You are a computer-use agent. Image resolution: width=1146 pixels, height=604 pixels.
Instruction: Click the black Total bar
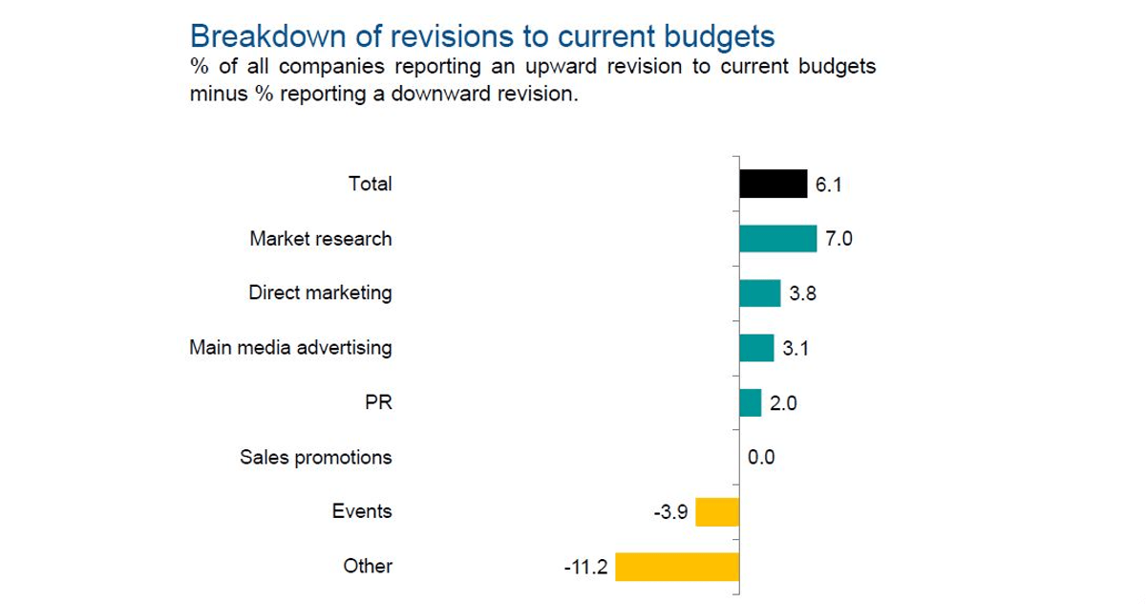[x=774, y=183]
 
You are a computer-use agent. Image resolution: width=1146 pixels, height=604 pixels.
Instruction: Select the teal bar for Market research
[x=777, y=238]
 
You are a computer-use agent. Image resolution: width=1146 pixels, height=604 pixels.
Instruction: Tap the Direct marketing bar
[x=759, y=293]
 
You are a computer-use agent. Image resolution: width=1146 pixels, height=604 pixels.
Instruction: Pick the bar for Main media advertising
[x=756, y=348]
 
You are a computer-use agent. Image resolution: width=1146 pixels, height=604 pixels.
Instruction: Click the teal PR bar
[x=751, y=402]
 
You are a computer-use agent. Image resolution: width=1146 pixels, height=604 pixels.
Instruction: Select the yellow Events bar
[x=717, y=512]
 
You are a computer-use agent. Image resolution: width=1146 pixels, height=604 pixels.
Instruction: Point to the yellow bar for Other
[x=677, y=567]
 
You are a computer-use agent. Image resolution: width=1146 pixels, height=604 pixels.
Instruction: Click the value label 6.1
[x=828, y=184]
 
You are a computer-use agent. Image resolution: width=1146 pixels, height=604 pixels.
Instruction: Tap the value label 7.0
[x=838, y=239]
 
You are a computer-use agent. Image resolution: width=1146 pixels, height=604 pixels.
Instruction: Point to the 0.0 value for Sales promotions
[x=761, y=458]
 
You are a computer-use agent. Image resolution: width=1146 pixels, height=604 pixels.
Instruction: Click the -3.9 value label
[x=669, y=513]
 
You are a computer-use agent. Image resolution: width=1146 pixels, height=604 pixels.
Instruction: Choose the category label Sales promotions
[x=315, y=458]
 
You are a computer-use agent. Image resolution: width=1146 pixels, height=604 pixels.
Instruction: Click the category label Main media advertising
[x=290, y=347]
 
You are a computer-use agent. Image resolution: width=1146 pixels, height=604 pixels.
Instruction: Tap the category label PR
[x=378, y=402]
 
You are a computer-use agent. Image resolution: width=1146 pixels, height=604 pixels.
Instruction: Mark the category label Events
[x=362, y=511]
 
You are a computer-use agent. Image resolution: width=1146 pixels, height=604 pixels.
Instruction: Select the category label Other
[x=368, y=567]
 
